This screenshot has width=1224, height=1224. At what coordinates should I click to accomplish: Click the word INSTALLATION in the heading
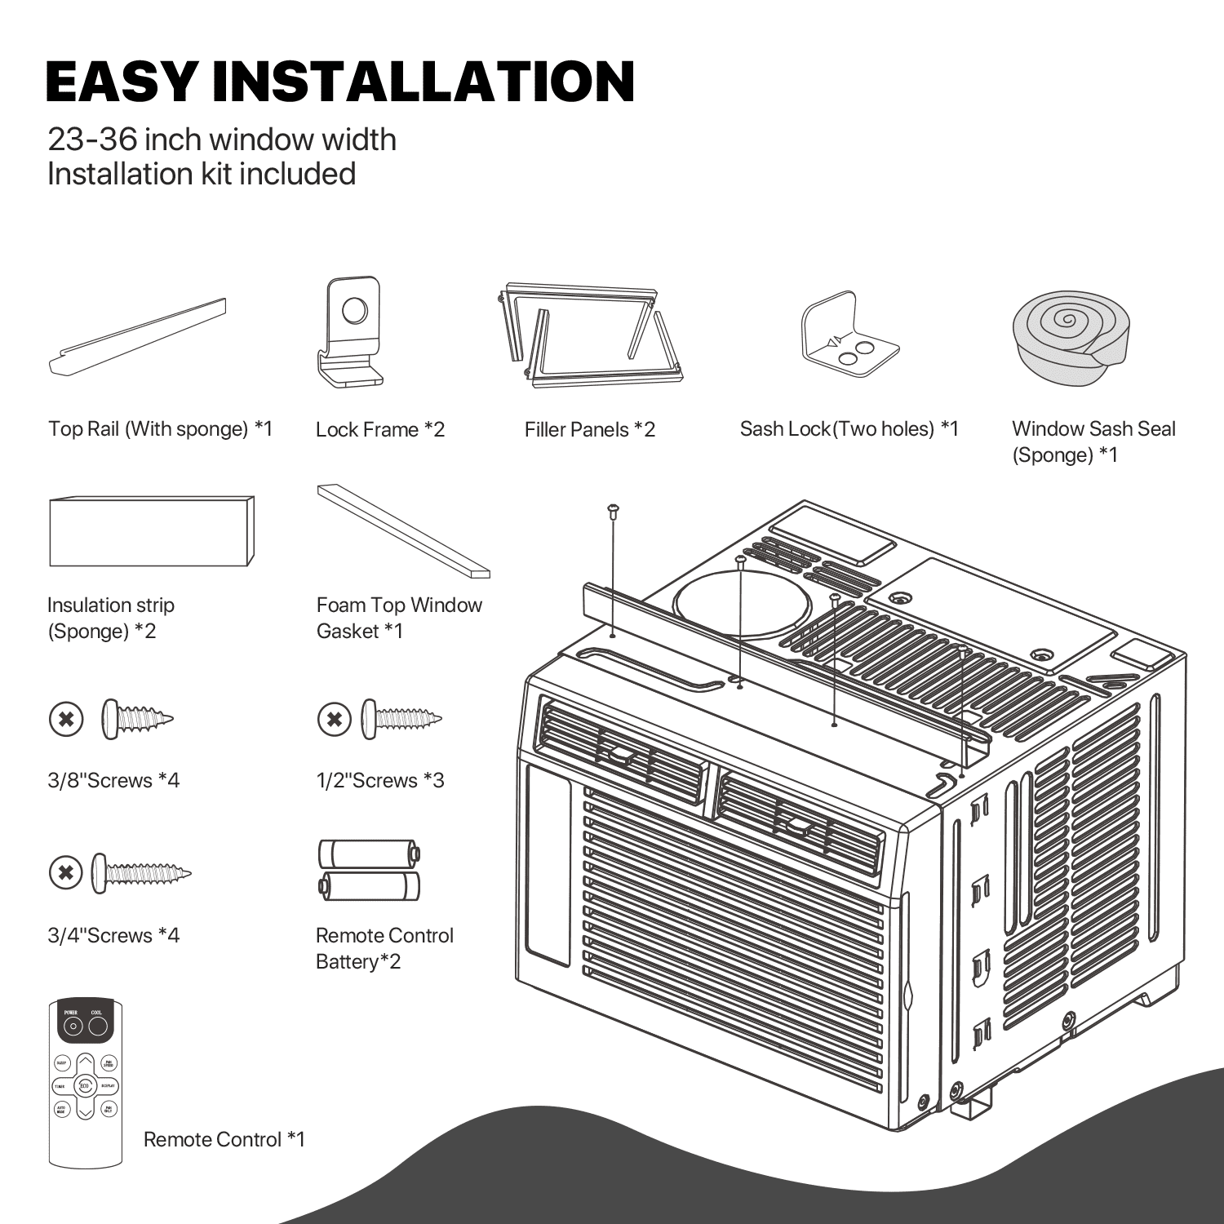pos(423,82)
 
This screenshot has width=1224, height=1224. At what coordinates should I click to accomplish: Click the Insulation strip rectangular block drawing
pos(151,531)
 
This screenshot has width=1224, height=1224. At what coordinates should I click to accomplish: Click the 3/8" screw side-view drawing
pos(137,719)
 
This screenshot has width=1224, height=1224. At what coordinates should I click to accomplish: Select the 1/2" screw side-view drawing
pos(401,719)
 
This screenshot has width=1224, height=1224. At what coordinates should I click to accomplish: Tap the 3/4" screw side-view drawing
pos(140,873)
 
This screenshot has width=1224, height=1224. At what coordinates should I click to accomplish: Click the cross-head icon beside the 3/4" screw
pos(66,873)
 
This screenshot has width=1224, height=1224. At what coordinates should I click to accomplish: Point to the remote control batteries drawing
pos(369,870)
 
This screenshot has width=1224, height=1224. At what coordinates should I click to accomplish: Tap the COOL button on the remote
pos(98,1025)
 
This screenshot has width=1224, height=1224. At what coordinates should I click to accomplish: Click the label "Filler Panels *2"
pos(589,430)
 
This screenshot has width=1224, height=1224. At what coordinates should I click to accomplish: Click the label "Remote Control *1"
pos(224,1139)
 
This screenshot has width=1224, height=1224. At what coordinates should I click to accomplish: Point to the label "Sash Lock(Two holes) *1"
pos(849,429)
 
